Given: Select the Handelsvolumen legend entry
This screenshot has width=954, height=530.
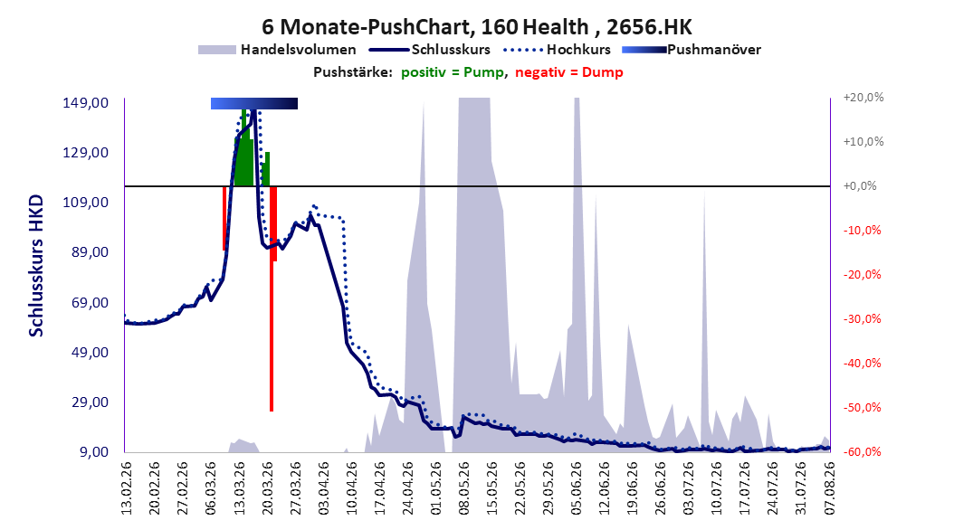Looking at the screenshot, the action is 277,50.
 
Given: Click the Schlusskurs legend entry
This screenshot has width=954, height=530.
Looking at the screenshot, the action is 429,50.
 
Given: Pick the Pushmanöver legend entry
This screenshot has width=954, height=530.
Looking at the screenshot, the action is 692,50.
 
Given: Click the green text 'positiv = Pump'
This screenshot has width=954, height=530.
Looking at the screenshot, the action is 452,72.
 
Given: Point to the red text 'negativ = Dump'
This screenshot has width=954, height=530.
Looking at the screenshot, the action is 569,72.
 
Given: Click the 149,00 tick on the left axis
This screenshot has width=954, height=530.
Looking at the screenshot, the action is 86,103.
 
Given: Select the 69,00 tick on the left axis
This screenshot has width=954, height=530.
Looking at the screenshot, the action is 86,303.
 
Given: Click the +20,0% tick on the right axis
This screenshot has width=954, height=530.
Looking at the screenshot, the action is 863,98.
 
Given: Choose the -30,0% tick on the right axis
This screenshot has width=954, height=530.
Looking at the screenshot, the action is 862,319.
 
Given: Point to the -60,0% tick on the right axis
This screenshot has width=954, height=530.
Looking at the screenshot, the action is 862,452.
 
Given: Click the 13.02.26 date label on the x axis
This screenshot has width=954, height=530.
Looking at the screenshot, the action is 127,488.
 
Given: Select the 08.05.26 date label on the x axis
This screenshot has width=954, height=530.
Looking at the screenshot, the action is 463,488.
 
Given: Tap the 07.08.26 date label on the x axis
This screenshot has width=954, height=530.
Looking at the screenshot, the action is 830,488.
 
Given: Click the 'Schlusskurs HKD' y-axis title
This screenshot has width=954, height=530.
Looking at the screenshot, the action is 36,266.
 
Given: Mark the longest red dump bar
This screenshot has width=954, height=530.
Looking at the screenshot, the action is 272,299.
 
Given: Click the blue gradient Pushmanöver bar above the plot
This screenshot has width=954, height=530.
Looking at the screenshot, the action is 254,103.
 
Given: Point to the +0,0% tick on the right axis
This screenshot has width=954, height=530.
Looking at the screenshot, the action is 860,186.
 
